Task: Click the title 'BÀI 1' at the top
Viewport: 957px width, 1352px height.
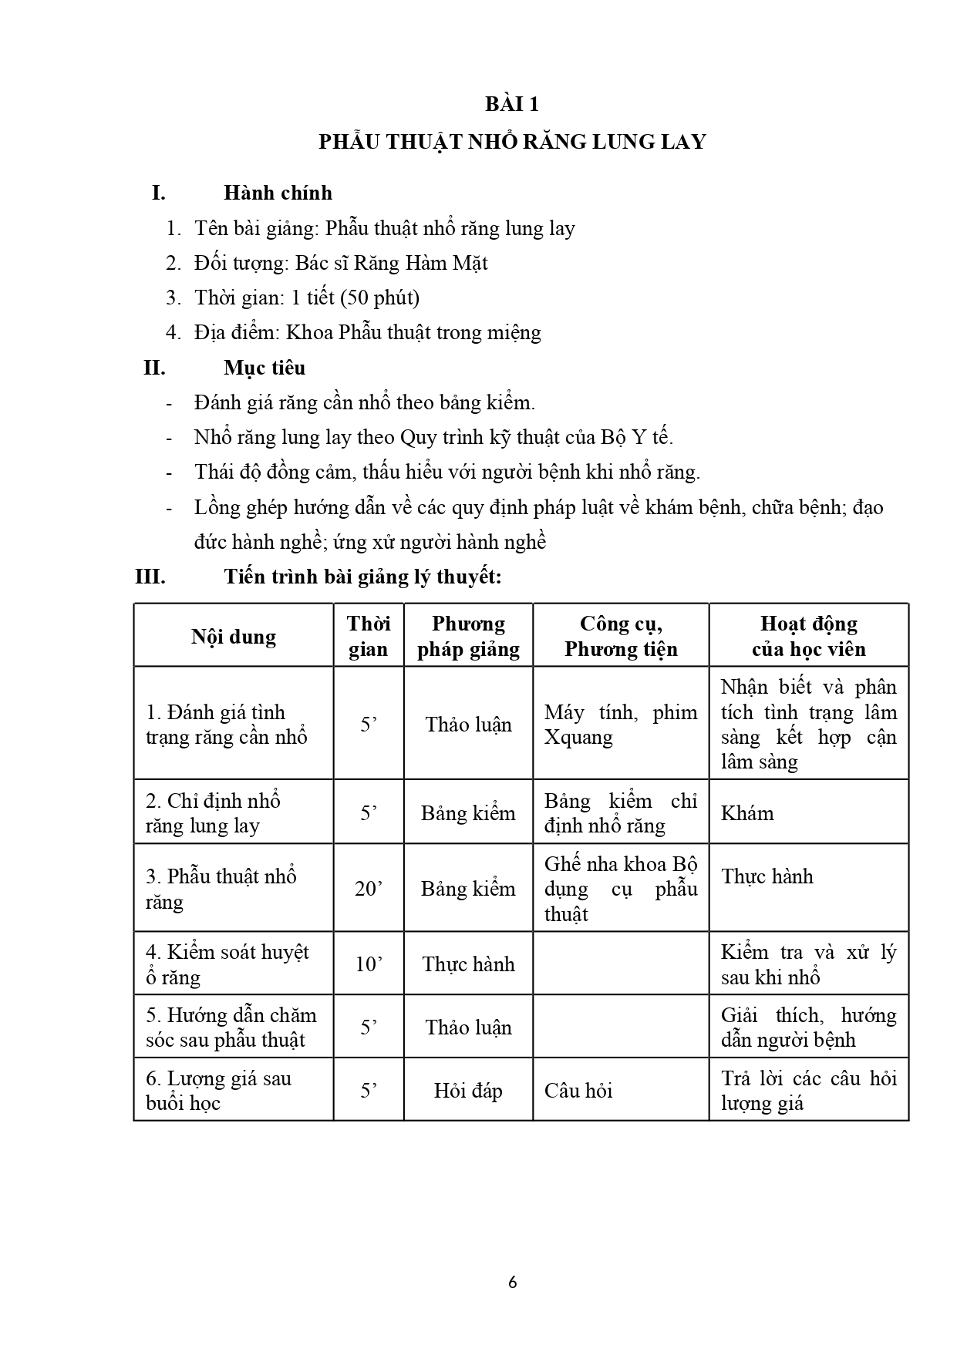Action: click(512, 104)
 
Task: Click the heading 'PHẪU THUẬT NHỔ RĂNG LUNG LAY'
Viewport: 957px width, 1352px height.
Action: click(512, 143)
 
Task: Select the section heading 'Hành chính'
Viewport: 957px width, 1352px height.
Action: click(278, 193)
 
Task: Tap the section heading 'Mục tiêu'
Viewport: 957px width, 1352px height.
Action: click(265, 368)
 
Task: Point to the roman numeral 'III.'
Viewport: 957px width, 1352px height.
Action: click(150, 577)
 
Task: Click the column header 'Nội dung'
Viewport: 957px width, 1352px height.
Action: click(233, 637)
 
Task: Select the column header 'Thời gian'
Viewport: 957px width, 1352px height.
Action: click(369, 636)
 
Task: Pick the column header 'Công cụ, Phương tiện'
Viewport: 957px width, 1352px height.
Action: click(621, 636)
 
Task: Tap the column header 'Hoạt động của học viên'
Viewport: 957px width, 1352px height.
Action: click(808, 636)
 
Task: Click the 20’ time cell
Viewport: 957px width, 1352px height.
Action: click(369, 889)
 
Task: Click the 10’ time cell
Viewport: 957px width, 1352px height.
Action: click(369, 964)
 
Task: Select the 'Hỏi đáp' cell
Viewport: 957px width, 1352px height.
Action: click(468, 1091)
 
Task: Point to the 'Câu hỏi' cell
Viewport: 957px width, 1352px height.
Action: click(578, 1091)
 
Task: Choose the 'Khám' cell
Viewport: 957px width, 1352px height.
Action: click(747, 813)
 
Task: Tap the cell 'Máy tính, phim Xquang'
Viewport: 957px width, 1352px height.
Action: click(620, 725)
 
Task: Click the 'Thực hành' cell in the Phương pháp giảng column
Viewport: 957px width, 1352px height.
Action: click(468, 964)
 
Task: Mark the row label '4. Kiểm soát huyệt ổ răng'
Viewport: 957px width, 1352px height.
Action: click(227, 964)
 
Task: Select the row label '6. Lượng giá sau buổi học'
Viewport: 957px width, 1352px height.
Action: click(218, 1091)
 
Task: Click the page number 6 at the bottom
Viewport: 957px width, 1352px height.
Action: click(513, 1283)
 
